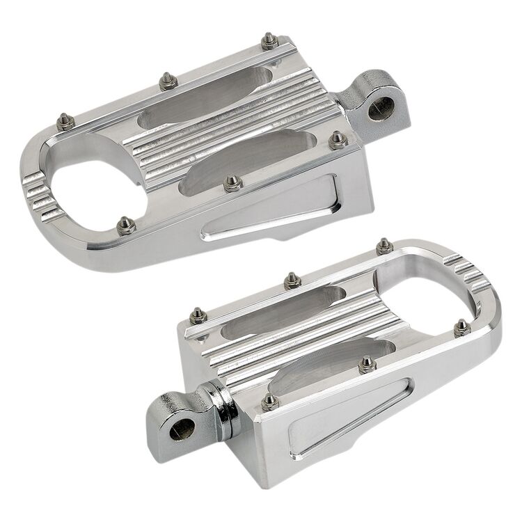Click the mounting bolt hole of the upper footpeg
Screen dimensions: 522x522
pos(380,109)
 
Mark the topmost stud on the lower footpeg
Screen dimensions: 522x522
pos(383,245)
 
